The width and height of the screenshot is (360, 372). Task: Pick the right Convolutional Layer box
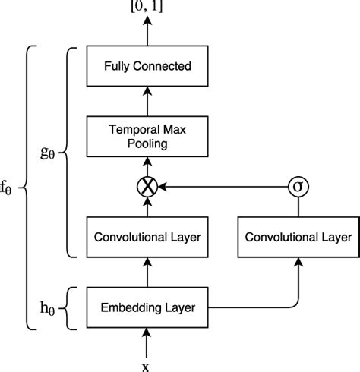[297, 237]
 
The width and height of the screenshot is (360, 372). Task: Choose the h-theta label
[49, 307]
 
